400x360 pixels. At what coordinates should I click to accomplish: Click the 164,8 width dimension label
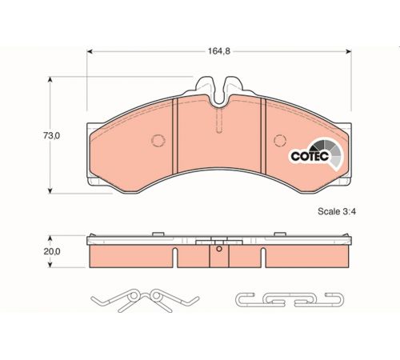pos(219,51)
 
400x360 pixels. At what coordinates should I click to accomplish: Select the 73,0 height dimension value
pos(51,136)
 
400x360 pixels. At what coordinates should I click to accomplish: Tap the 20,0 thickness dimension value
pos(52,251)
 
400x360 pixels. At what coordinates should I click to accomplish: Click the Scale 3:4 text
pos(337,211)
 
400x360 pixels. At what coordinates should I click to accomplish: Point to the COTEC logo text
pos(310,156)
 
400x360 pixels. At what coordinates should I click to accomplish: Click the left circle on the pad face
pos(158,140)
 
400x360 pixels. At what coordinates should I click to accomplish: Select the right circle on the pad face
pos(280,140)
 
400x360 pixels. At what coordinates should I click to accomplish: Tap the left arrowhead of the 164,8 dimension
pos(90,51)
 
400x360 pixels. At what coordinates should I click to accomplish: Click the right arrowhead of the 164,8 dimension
pos(348,51)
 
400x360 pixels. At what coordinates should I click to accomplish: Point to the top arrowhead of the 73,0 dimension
pos(50,79)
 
